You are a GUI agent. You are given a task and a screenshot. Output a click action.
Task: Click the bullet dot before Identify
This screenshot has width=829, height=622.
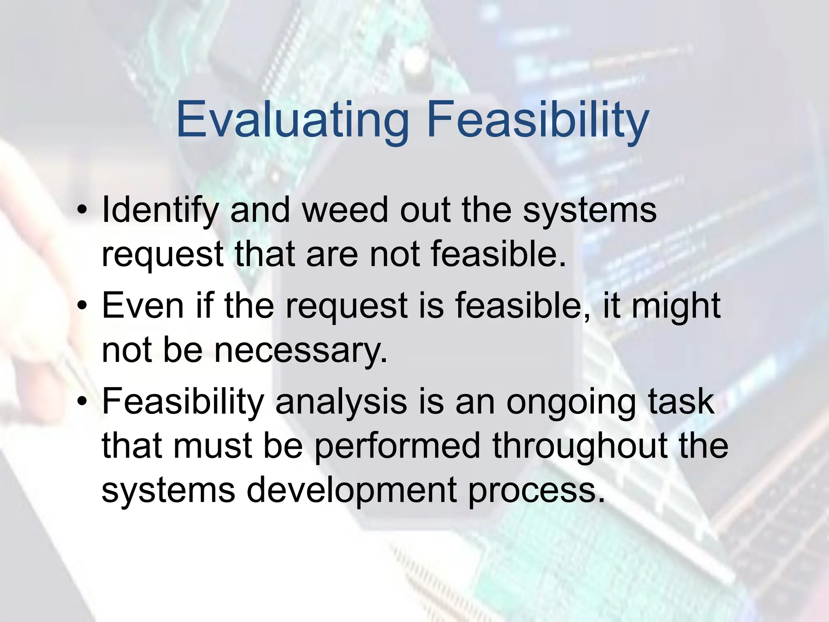point(83,211)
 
